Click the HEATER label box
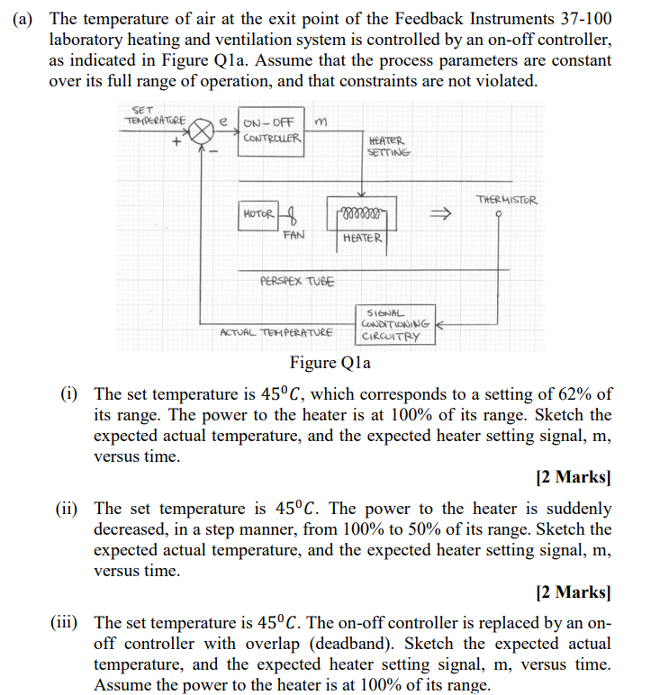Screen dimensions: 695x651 click(x=363, y=239)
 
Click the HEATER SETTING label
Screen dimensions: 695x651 click(x=388, y=146)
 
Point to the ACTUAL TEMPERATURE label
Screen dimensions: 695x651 click(x=276, y=332)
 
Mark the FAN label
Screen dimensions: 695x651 click(x=294, y=235)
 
